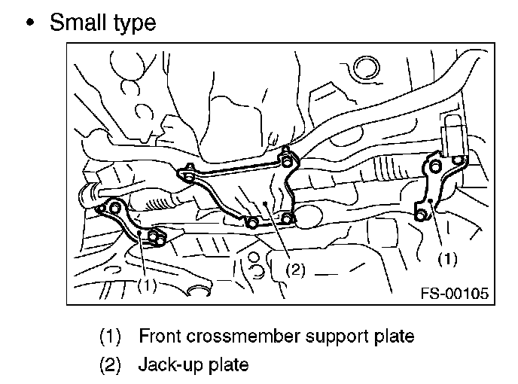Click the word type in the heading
point(132,24)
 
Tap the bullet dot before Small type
point(30,23)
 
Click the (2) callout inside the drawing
point(296,269)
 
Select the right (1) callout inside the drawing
point(446,258)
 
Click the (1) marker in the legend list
point(111,335)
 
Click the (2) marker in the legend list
point(111,365)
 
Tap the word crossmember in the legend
point(239,335)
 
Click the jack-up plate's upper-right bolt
point(286,159)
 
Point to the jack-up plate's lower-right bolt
point(289,220)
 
